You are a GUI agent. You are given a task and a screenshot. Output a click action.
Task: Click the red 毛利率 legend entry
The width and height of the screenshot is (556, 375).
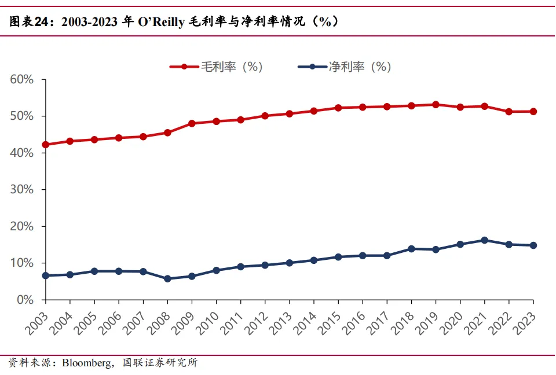coord(217,67)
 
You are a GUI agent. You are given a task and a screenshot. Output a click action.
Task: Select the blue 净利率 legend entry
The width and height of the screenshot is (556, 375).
coord(345,67)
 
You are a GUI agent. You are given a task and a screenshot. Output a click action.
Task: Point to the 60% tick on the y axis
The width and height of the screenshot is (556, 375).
coord(21,79)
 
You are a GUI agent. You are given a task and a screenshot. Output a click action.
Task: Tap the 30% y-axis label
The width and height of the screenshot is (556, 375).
coord(21,190)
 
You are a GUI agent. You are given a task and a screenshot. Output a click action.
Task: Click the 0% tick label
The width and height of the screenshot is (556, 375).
coord(25,300)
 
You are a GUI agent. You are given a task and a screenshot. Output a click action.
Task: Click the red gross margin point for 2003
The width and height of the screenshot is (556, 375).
coord(45,145)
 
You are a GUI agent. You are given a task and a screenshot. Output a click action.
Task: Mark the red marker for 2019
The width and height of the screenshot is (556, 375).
coord(436,105)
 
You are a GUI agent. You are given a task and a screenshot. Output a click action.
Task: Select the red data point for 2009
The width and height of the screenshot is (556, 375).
coord(192,123)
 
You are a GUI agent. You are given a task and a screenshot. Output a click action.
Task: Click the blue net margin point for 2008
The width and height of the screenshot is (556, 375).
coord(167,278)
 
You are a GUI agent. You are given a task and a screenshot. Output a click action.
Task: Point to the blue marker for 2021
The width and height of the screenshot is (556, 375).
coord(484,240)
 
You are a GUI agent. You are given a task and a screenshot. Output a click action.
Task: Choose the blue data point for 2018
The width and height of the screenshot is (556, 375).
coord(411,249)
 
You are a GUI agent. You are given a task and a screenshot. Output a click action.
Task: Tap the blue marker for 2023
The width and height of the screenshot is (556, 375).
coord(533,245)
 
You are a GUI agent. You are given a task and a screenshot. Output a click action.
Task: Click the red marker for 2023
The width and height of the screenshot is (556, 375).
coord(533,112)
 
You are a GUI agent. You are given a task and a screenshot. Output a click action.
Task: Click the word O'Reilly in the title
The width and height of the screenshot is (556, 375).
coord(163,22)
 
